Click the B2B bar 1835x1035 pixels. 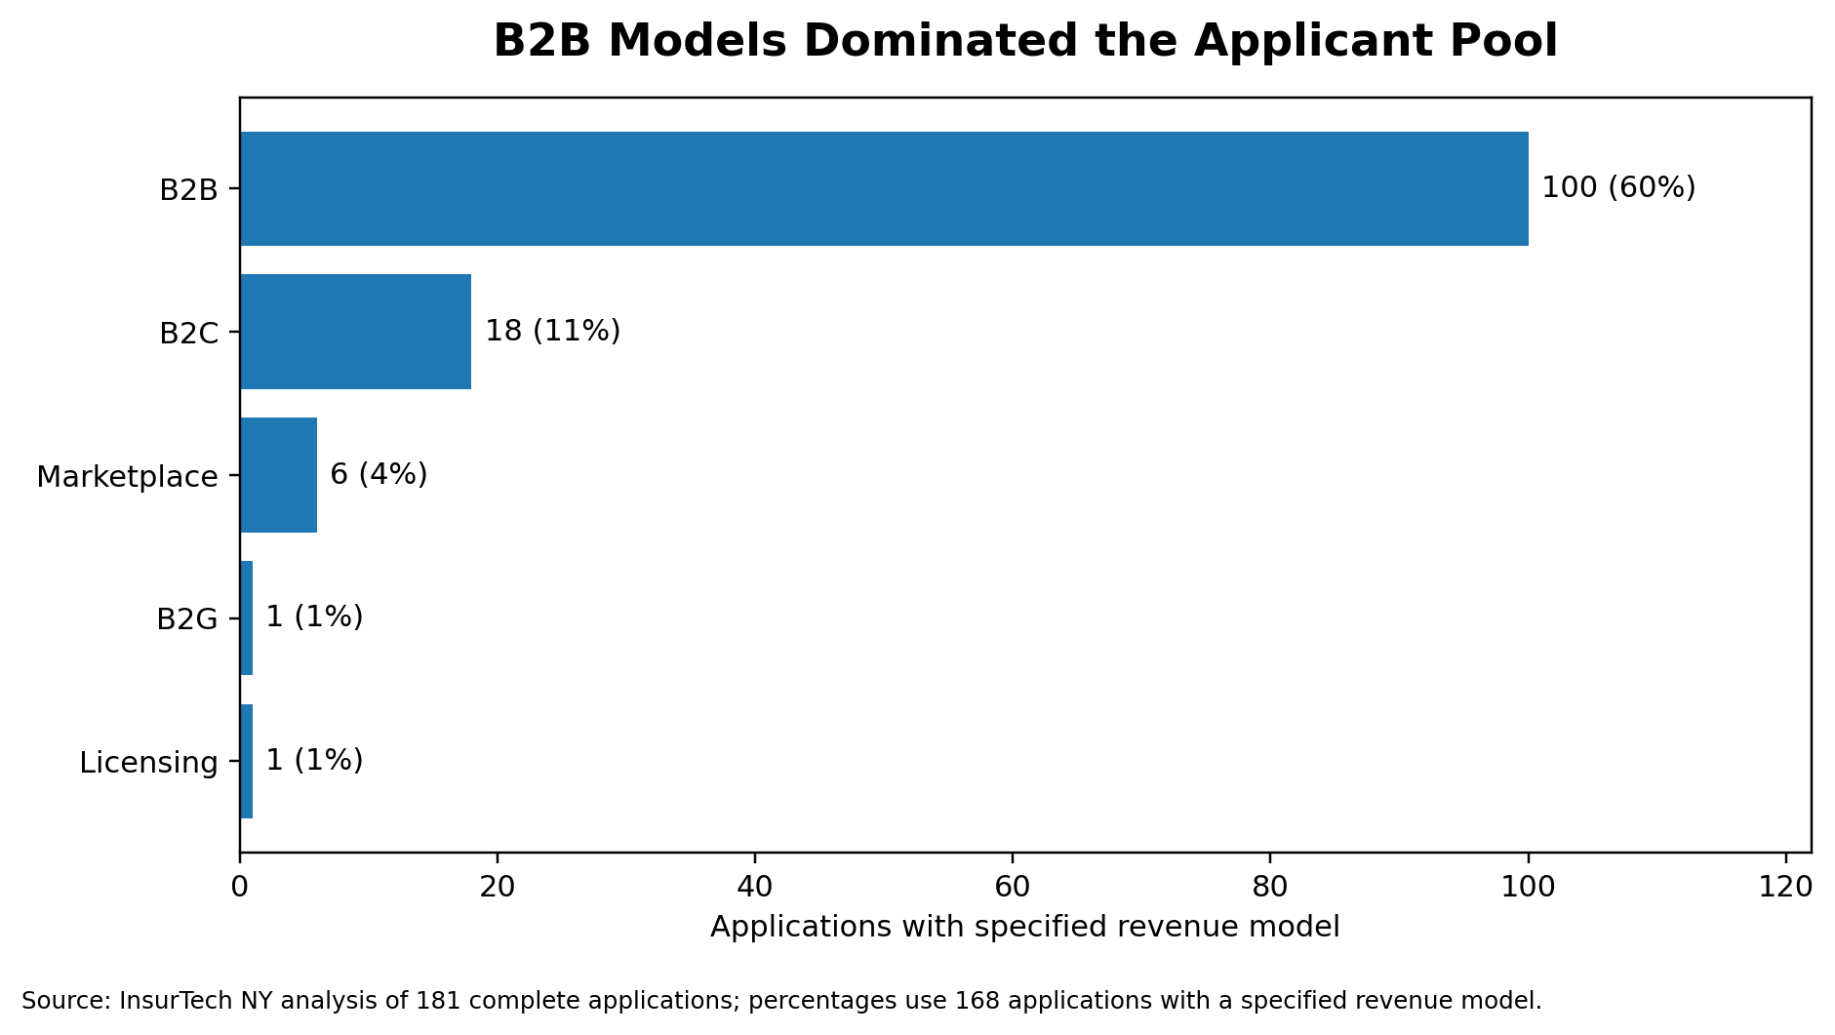pos(883,188)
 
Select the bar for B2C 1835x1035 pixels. pos(355,332)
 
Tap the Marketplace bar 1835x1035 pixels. pos(278,475)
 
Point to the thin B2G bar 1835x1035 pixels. pos(246,617)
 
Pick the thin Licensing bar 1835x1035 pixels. pos(246,761)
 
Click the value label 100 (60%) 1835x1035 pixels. pos(1617,187)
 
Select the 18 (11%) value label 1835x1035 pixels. pos(552,331)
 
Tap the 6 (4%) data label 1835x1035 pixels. pos(379,474)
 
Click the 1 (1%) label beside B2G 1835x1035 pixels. pos(314,617)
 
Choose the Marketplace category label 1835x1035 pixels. pos(127,477)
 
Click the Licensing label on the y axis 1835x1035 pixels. pos(148,763)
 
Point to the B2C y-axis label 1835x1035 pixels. pos(188,334)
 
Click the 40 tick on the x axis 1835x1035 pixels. pos(754,886)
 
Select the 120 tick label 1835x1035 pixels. pos(1785,886)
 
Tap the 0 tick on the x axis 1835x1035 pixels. pos(239,886)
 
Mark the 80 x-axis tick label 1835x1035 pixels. pos(1269,886)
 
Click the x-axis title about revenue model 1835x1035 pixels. pos(1024,927)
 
